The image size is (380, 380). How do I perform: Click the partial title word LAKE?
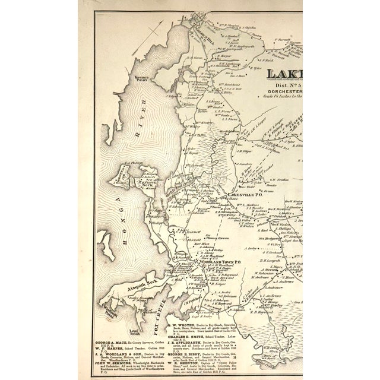click(x=284, y=75)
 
